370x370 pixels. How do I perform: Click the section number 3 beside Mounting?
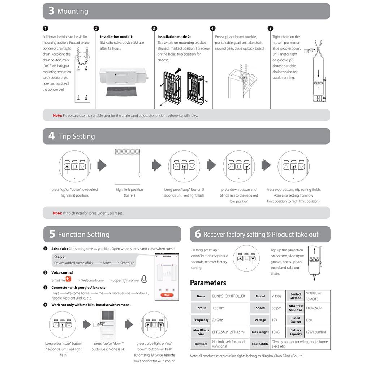[x=51, y=11]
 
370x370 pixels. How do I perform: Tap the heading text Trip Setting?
[x=77, y=136]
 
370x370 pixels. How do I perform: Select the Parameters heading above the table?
[x=208, y=283]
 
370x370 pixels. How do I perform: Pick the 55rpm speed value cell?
[x=276, y=308]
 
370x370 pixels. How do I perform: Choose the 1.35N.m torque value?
[x=219, y=308]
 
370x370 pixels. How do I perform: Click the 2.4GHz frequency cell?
[x=219, y=320]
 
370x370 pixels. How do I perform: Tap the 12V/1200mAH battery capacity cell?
[x=317, y=332]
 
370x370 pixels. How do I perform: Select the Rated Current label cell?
[x=296, y=320]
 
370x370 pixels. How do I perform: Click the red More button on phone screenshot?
[x=166, y=295]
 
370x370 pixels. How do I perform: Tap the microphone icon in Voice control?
[x=144, y=279]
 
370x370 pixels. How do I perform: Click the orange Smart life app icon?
[x=69, y=279]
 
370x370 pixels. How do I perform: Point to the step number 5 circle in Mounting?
[x=270, y=29]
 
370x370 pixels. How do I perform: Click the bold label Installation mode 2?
[x=174, y=37]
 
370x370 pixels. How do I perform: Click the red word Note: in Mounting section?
[x=57, y=116]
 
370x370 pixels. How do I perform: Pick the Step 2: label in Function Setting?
[x=60, y=257]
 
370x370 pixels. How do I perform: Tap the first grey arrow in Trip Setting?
[x=102, y=165]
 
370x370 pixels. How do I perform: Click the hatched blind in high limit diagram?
[x=127, y=151]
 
